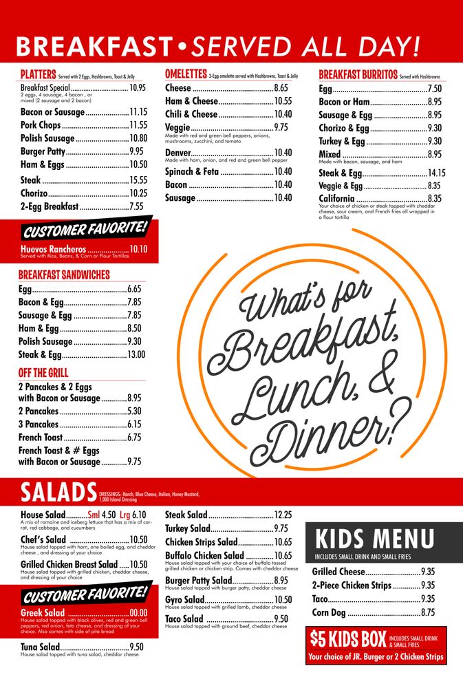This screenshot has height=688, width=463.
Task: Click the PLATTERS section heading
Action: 39,74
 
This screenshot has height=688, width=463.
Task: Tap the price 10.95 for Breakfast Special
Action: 138,88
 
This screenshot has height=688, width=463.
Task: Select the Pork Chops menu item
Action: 41,125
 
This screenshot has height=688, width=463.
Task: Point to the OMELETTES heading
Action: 186,74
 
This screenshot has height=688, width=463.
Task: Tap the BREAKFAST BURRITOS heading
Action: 358,74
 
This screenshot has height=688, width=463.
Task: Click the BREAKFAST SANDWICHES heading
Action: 64,275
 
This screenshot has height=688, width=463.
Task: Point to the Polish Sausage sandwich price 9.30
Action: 134,341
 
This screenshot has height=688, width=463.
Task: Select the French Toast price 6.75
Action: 134,437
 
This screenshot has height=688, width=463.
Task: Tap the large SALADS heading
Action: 58,493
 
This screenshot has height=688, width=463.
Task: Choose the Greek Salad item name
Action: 43,613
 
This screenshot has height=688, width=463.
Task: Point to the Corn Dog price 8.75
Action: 428,612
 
